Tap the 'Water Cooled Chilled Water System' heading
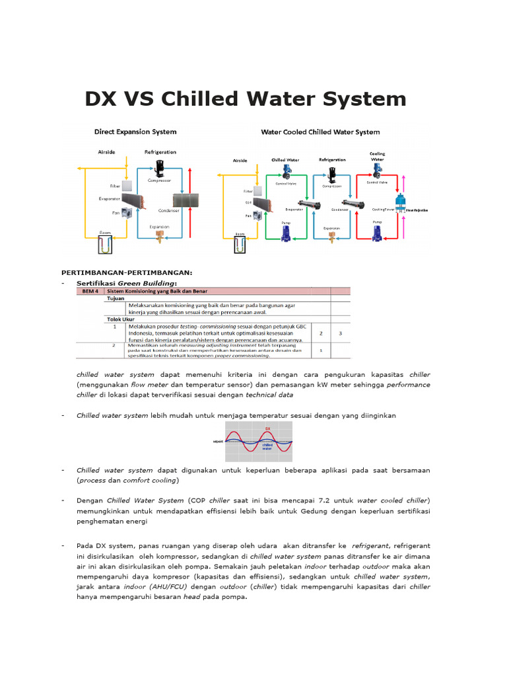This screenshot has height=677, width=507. coord(320,132)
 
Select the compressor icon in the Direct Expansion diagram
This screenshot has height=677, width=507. coord(159,168)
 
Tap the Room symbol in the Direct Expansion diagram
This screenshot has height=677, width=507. coord(105,245)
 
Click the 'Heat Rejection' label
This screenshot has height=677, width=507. coord(416,210)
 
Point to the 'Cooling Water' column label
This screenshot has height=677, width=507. coord(376,156)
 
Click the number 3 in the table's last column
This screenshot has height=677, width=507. coord(340,334)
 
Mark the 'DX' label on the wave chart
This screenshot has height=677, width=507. coord(268,428)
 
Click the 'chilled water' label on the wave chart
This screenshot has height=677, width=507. coord(268,447)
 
